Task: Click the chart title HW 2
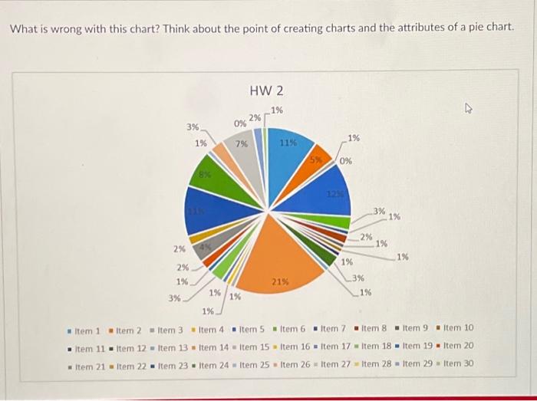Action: coord(266,91)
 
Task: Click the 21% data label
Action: coord(280,282)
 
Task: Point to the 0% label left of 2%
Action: coord(240,123)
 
